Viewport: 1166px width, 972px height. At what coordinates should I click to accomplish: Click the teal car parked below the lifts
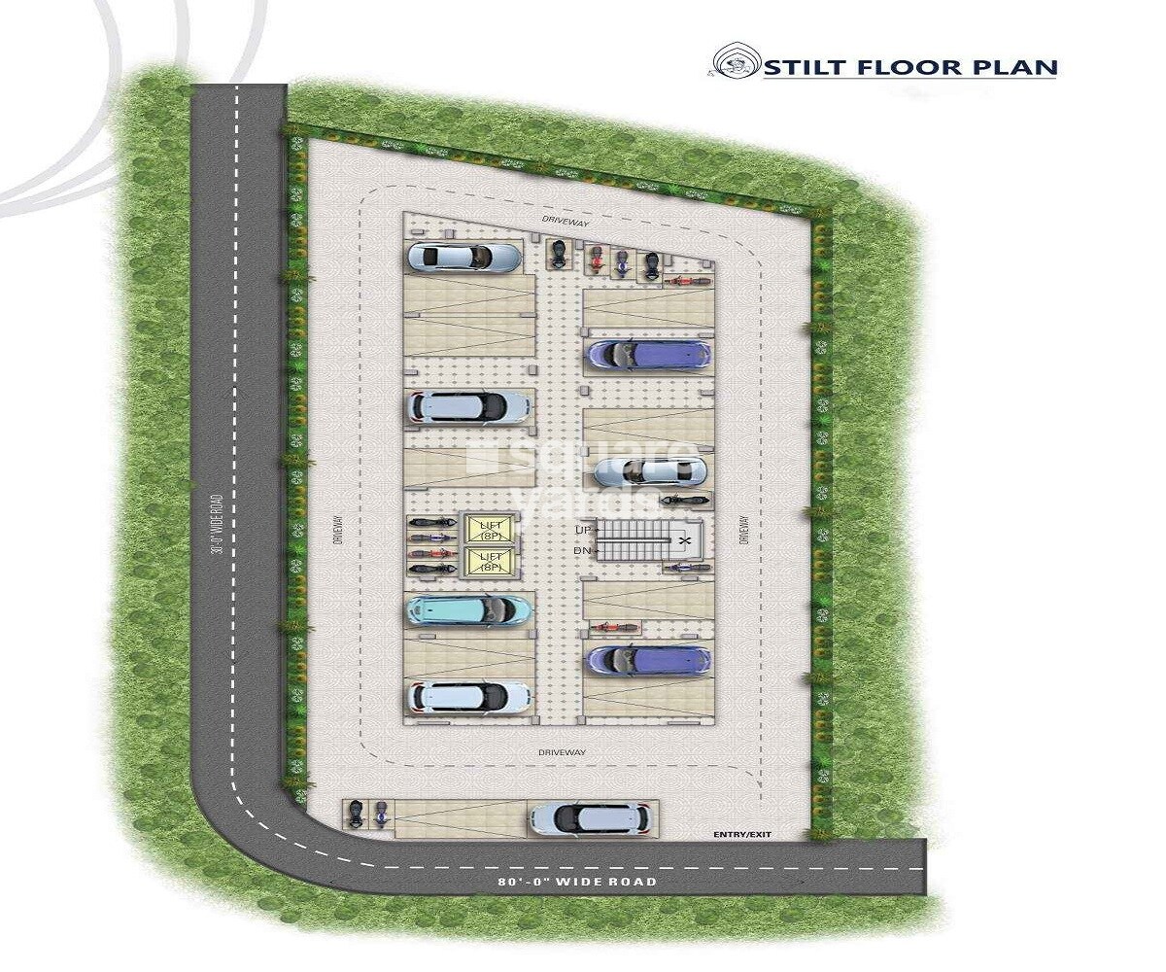coord(469,610)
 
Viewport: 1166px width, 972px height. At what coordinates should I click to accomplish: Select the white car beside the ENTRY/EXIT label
coord(589,817)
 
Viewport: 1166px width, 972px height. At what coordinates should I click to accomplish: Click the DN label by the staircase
coord(583,551)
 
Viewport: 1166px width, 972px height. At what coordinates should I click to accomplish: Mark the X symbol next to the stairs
coord(686,539)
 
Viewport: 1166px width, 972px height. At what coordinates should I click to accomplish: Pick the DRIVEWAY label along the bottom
coord(562,752)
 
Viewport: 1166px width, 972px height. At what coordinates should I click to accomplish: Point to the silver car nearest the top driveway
coord(463,257)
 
